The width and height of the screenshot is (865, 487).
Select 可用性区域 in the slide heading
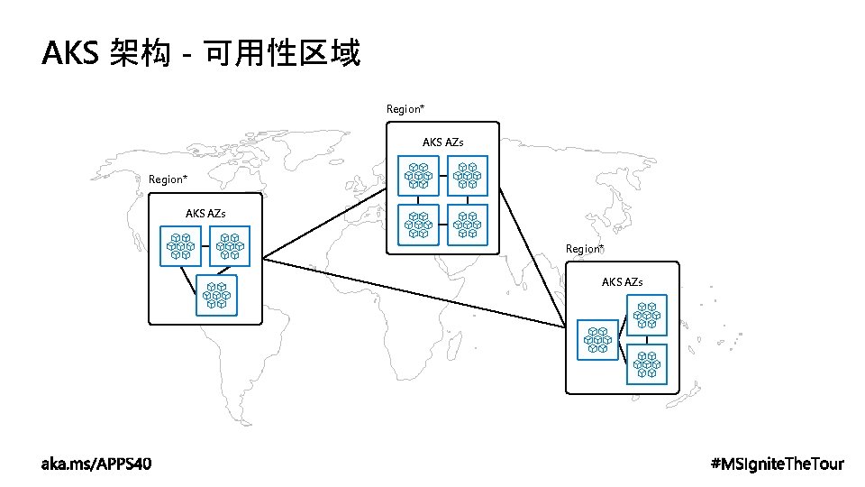pyautogui.click(x=282, y=55)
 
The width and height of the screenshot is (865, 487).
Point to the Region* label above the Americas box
pyautogui.click(x=168, y=179)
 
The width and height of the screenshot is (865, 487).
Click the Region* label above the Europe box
pyautogui.click(x=405, y=109)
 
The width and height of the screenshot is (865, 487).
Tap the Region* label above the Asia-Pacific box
pyautogui.click(x=585, y=249)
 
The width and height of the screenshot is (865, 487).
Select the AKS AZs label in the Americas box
pyautogui.click(x=205, y=214)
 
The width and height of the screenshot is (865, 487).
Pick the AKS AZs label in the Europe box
pyautogui.click(x=443, y=142)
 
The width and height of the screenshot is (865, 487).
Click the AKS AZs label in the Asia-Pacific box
pyautogui.click(x=623, y=282)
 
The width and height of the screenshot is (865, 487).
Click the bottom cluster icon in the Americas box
pyautogui.click(x=217, y=295)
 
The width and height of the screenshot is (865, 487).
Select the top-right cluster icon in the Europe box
pyautogui.click(x=468, y=176)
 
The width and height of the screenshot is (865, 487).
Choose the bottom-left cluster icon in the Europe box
pyautogui.click(x=419, y=225)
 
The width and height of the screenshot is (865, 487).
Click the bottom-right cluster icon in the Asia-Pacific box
pyautogui.click(x=647, y=363)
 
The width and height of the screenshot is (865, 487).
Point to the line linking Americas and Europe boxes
pyautogui.click(x=324, y=220)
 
